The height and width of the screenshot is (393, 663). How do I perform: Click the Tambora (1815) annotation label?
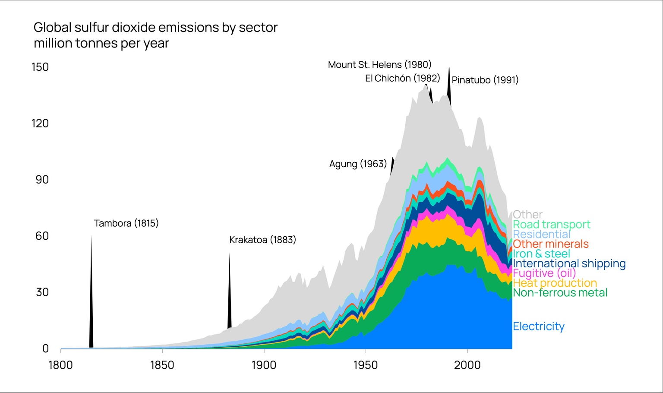126,223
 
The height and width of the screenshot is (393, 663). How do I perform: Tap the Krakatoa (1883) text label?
262,240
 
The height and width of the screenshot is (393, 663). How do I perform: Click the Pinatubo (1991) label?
485,80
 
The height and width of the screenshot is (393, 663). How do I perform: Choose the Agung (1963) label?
358,164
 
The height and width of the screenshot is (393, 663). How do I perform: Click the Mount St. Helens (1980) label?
379,65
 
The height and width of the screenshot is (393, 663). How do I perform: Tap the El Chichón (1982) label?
402,78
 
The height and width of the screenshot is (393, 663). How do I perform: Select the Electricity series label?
538,326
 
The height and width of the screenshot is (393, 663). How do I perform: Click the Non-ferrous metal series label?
560,293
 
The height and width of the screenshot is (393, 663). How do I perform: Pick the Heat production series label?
555,283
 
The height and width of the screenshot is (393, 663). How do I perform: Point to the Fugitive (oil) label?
544,273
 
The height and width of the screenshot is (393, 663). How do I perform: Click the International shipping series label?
569,263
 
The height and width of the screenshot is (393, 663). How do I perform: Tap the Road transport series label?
551,225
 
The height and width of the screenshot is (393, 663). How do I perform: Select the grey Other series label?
527,215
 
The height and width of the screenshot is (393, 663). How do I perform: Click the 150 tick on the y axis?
40,67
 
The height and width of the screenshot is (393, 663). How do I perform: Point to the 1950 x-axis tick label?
365,365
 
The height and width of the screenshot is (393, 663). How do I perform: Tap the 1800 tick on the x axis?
60,365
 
